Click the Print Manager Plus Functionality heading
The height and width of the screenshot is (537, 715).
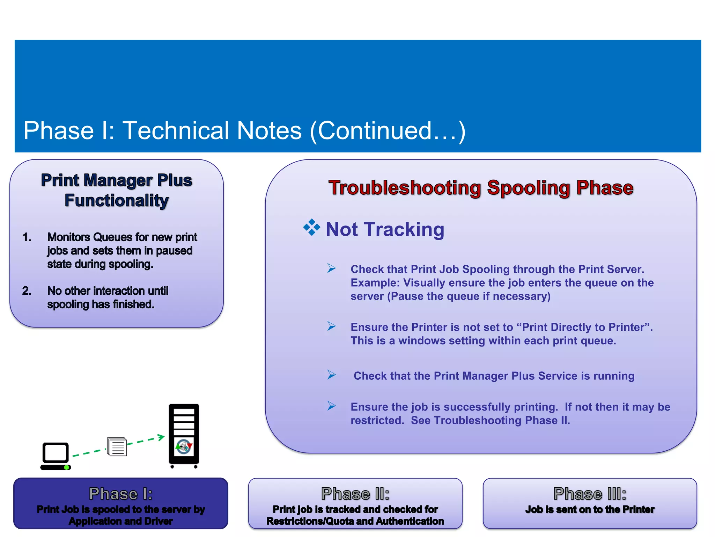[x=116, y=191]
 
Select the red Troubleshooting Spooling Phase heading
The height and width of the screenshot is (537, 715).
[x=481, y=188]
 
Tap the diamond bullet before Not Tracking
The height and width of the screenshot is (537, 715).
[x=311, y=228]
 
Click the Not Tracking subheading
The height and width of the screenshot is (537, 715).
[x=385, y=230]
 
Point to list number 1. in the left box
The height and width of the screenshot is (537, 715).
[x=27, y=237]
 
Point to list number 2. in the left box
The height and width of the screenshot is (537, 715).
[x=27, y=291]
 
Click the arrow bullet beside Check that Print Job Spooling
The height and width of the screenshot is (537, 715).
[x=331, y=268]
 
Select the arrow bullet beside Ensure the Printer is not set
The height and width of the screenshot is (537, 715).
[x=331, y=326]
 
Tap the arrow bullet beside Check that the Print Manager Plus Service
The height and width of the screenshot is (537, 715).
[x=331, y=375]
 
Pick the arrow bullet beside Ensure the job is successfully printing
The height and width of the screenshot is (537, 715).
[x=331, y=406]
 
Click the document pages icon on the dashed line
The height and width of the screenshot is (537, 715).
[x=117, y=447]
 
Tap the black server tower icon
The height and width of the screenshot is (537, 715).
[x=184, y=435]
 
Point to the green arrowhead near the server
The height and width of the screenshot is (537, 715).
[x=161, y=437]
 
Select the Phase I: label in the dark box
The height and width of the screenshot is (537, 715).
[x=120, y=494]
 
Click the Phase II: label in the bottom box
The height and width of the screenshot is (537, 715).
[x=355, y=494]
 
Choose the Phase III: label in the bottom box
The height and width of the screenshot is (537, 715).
[x=590, y=494]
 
